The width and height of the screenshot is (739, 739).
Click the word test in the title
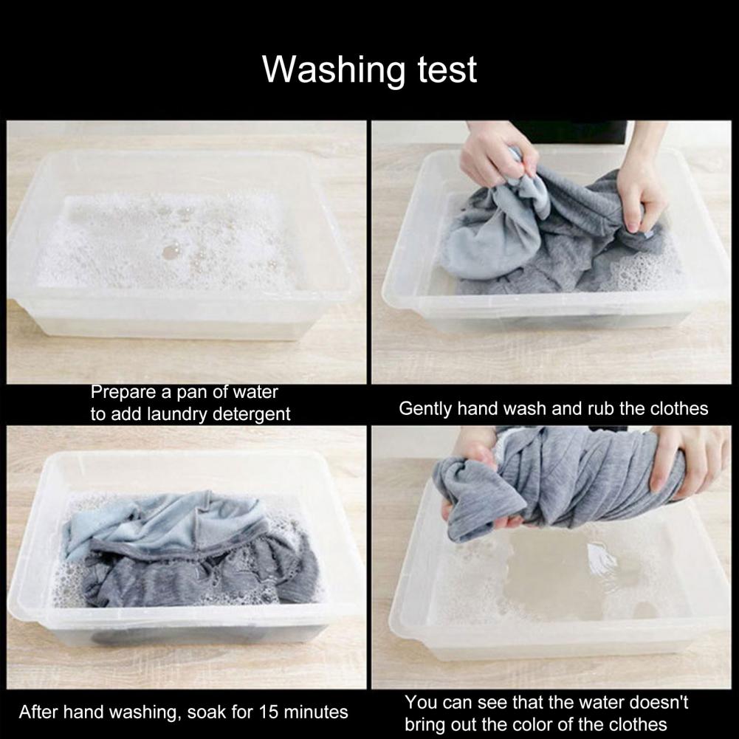click(447, 70)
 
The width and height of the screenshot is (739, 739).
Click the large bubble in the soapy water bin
click(171, 251)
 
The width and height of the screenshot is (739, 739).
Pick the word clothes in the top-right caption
click(679, 408)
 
